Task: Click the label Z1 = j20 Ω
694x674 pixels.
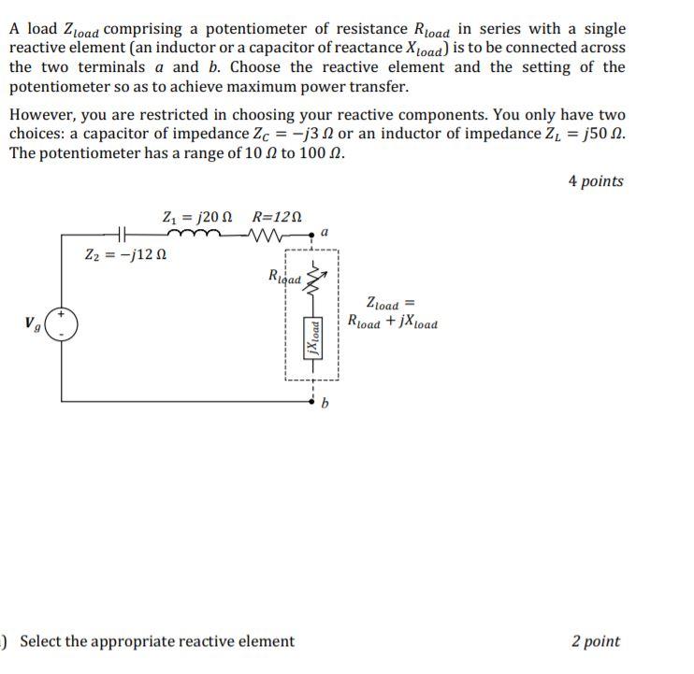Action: pyautogui.click(x=195, y=216)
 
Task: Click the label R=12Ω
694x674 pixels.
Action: pyautogui.click(x=277, y=216)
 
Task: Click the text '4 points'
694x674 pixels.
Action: pyautogui.click(x=596, y=181)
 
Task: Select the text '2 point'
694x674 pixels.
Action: pyautogui.click(x=596, y=641)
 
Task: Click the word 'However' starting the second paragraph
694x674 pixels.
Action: pyautogui.click(x=40, y=115)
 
